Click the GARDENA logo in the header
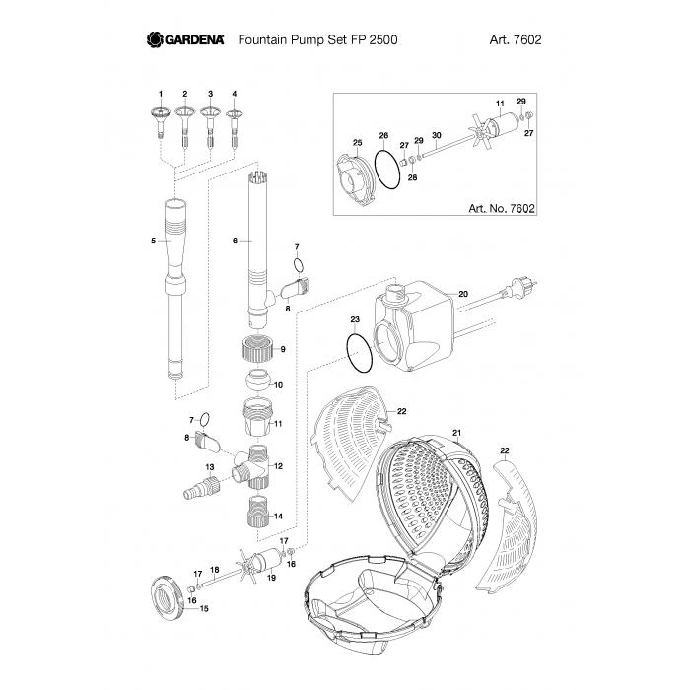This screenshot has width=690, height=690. (x=187, y=40)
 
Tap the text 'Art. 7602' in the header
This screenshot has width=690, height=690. (x=516, y=40)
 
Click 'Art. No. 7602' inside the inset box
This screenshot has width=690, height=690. (x=498, y=209)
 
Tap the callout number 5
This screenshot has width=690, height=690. (x=154, y=240)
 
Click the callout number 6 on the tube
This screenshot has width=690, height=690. (x=235, y=240)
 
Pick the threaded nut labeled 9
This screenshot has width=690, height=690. (x=256, y=349)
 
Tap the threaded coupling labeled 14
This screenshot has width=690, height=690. (x=256, y=514)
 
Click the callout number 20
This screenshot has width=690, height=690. (x=463, y=293)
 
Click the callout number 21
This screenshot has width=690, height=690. (x=456, y=433)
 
